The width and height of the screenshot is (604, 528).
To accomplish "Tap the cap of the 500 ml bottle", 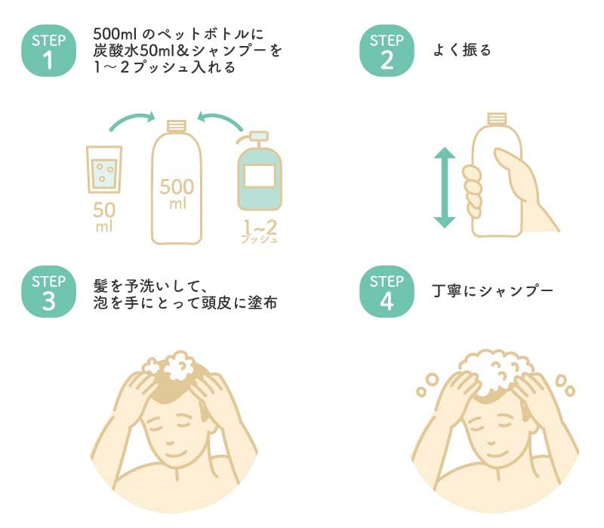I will click(x=176, y=125).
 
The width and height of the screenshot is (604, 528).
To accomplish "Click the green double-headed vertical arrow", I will click(x=445, y=187).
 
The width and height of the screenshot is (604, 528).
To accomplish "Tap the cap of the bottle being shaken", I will click(x=497, y=118).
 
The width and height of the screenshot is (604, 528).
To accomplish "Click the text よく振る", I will click(x=462, y=51).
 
